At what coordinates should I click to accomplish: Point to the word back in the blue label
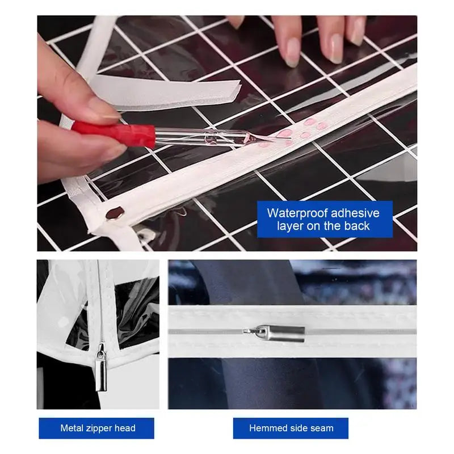356,226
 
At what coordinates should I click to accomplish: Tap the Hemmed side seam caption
291,428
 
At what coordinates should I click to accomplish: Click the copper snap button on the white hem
116,212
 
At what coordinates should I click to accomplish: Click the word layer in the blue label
289,226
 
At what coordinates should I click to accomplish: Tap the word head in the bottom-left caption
125,428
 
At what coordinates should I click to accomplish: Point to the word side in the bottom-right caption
297,428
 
